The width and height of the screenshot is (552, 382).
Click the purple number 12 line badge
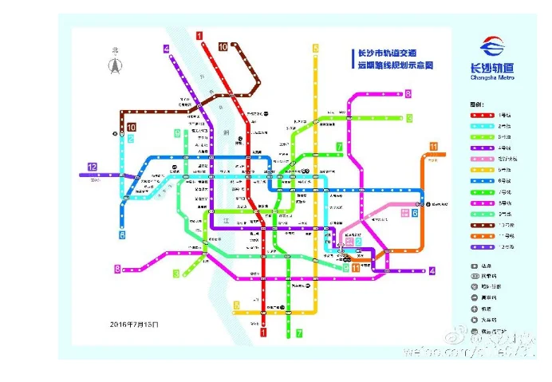93,167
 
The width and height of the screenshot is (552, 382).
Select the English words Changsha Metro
492,77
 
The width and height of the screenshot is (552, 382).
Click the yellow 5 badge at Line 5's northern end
316,49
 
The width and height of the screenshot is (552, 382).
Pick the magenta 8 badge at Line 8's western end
117,270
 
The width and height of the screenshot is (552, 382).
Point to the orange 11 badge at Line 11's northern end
433,146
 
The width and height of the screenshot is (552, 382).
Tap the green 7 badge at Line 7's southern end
299,333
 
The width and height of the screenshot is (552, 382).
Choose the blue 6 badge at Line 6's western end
122,235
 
